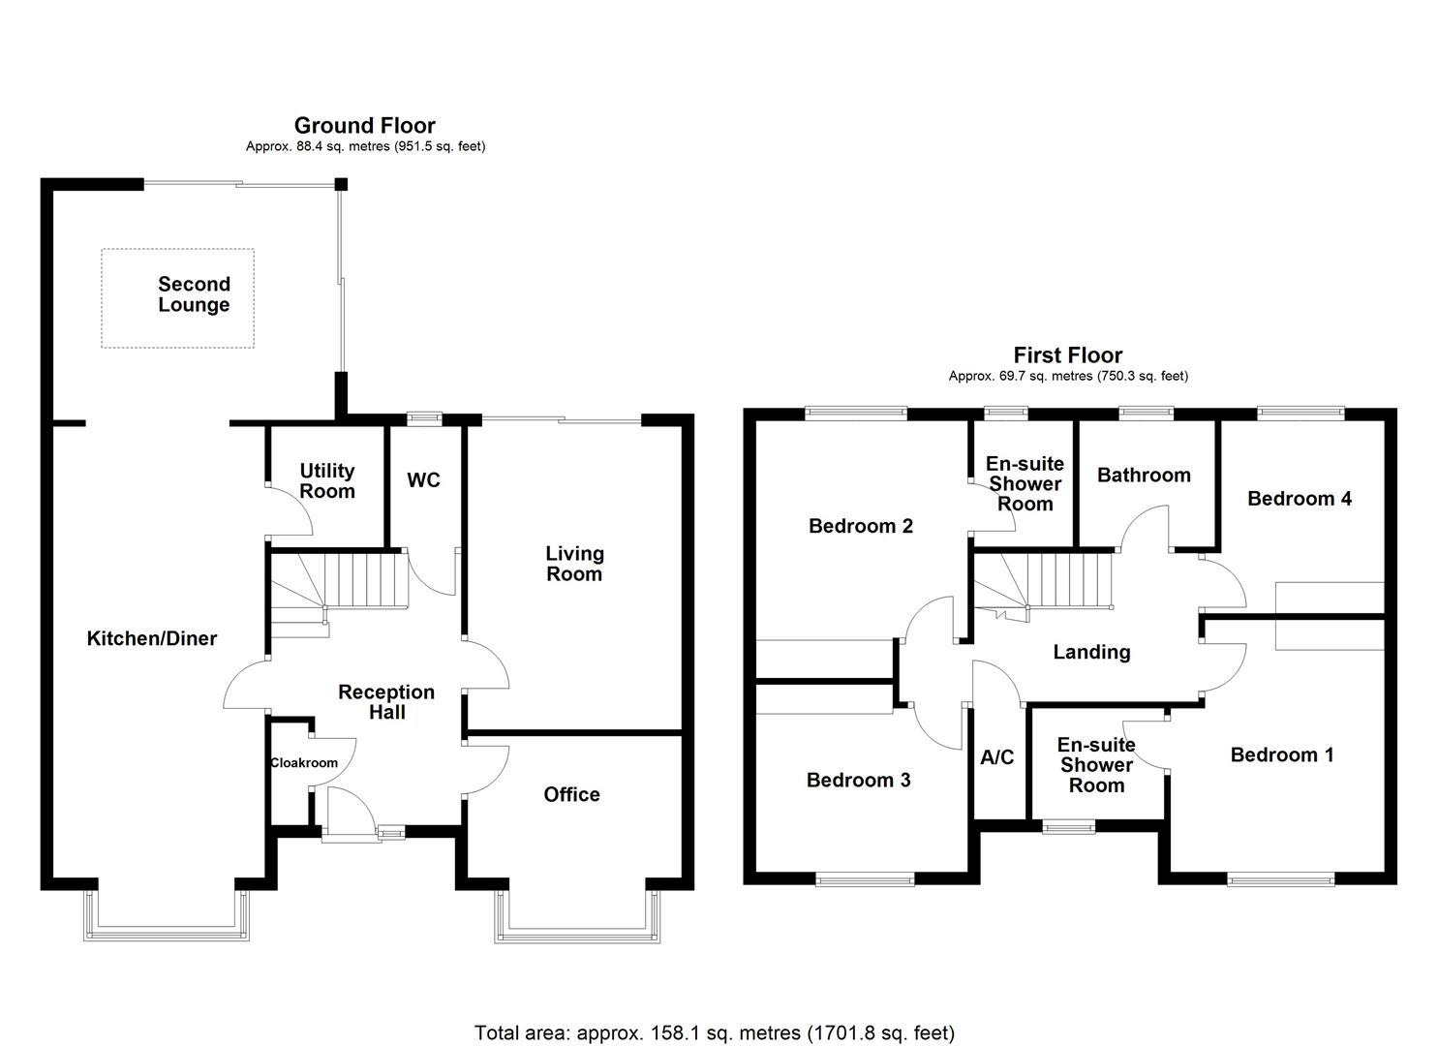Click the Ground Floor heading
pos(364,125)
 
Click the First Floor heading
pos(1067,354)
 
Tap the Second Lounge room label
pos(194,294)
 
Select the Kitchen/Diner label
pos(152,638)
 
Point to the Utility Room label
pos(326,480)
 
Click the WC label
pos(423,480)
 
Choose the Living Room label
pos(574,564)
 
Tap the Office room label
pos(571,794)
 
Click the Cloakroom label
pos(304,763)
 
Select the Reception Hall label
pos(386,702)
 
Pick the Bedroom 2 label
pos(861,526)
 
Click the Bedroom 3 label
pos(858,780)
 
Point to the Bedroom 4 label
pos(1300,499)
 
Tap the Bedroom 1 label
pos(1281,754)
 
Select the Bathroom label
pos(1144,475)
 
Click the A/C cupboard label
pos(996,757)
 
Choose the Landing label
pos(1091,652)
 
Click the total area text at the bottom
pos(714,1032)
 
